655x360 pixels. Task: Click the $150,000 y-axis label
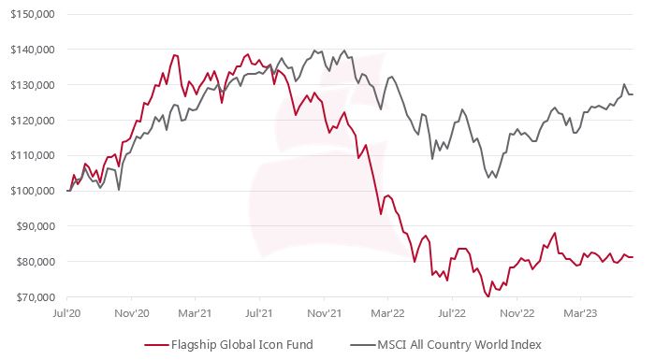pyautogui.click(x=30, y=14)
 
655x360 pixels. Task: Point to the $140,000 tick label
pyautogui.click(x=30, y=50)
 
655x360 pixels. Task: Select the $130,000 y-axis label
pyautogui.click(x=30, y=85)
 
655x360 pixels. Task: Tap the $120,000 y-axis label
pyautogui.click(x=30, y=120)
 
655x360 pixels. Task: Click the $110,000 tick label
pyautogui.click(x=30, y=155)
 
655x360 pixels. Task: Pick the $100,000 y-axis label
pyautogui.click(x=30, y=191)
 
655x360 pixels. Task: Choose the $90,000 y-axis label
pyautogui.click(x=33, y=226)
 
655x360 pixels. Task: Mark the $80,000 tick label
pyautogui.click(x=33, y=262)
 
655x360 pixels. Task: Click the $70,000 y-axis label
pyautogui.click(x=33, y=297)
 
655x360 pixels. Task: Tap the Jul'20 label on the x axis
pyautogui.click(x=68, y=315)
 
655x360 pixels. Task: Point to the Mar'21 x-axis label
pyautogui.click(x=198, y=315)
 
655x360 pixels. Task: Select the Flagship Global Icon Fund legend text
pyautogui.click(x=242, y=345)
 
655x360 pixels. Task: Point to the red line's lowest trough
pyautogui.click(x=488, y=296)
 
